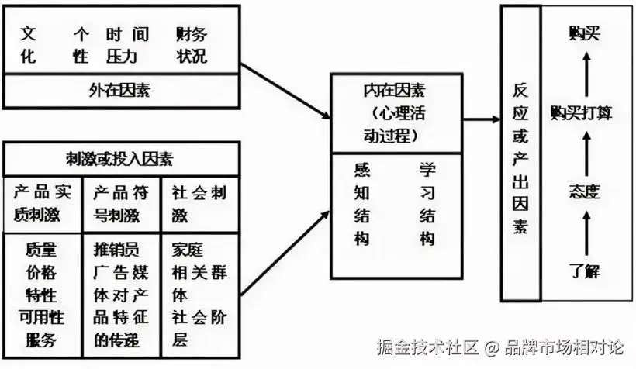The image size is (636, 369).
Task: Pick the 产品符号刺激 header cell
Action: click(121, 203)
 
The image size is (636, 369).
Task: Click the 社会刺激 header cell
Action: click(200, 203)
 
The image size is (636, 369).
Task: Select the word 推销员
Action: click(116, 250)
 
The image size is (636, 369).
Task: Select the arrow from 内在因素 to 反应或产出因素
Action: click(473, 119)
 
